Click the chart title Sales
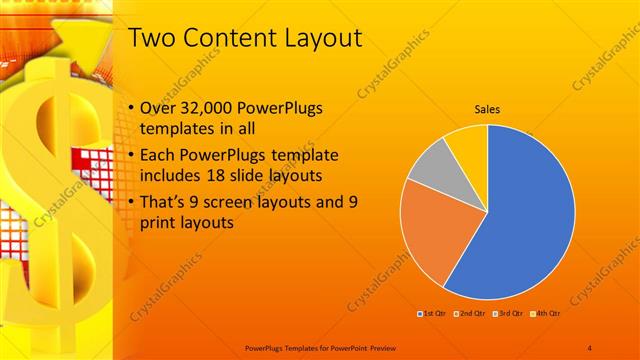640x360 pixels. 487,109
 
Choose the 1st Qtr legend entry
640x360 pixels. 432,315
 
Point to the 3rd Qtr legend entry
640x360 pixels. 506,315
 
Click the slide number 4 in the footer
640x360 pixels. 590,347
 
